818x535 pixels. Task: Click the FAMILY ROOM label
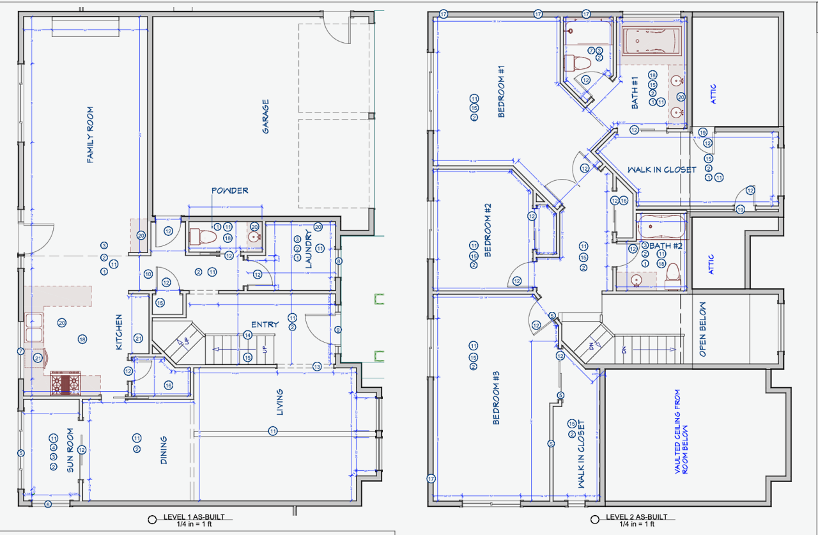point(90,135)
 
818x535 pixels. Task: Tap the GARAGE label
point(265,116)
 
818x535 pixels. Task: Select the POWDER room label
point(229,190)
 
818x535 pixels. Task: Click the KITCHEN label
point(119,332)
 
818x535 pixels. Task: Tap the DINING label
point(164,450)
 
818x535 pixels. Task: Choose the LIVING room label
point(279,402)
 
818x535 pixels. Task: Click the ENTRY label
point(265,325)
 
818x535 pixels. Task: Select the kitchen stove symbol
point(66,384)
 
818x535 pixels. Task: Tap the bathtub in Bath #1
point(652,41)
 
